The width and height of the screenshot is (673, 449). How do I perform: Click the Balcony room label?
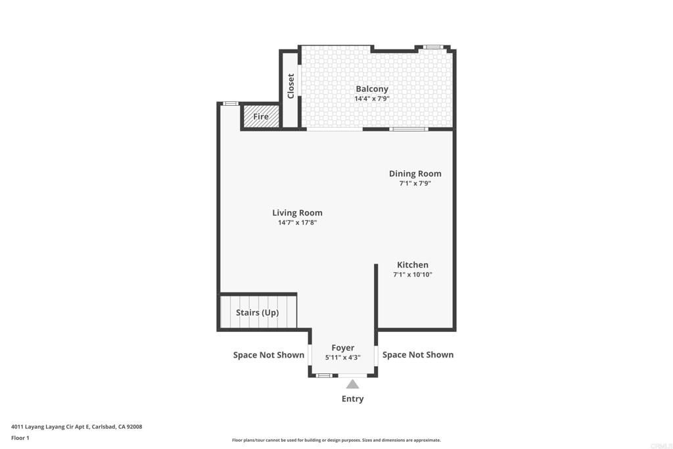click(x=372, y=89)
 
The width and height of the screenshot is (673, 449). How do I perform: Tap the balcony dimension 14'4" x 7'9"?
click(x=372, y=99)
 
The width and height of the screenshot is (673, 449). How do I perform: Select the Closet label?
click(x=290, y=85)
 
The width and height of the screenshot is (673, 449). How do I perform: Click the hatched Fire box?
click(x=261, y=116)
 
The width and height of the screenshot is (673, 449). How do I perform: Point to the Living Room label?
click(x=297, y=212)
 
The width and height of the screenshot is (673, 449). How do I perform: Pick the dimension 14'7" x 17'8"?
click(x=297, y=223)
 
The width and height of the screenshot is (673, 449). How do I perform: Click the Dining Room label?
click(x=415, y=174)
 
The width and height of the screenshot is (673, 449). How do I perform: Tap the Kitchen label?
click(x=412, y=264)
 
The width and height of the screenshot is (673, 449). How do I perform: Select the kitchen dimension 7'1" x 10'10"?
click(x=412, y=275)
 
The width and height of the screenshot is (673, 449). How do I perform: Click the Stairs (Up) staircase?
click(x=258, y=312)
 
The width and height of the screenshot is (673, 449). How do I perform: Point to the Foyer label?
click(x=342, y=348)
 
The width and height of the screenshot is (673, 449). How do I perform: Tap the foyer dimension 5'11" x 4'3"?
click(x=342, y=358)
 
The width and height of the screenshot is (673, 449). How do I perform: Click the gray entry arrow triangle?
click(x=353, y=384)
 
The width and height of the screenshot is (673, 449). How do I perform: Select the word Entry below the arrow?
click(x=352, y=398)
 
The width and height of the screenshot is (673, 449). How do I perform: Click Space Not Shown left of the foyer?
click(x=269, y=355)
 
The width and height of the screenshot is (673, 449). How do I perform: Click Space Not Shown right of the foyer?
click(x=417, y=354)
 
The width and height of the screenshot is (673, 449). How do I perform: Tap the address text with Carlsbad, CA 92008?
click(x=76, y=427)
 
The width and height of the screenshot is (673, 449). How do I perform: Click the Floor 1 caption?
click(x=20, y=438)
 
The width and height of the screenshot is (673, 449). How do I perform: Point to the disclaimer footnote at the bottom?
click(x=336, y=440)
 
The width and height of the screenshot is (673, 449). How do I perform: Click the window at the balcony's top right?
click(x=432, y=47)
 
